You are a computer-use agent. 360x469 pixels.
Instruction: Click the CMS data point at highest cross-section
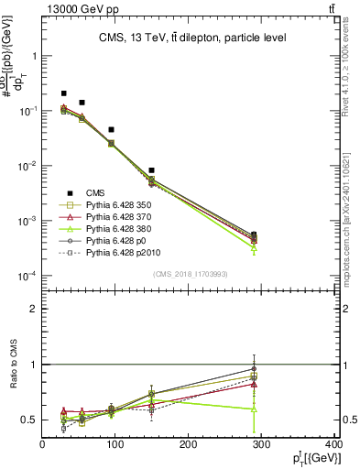tap(63, 93)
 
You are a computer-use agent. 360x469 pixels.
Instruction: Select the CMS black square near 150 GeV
tap(151, 170)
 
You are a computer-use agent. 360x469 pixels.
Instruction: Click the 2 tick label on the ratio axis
tap(34, 309)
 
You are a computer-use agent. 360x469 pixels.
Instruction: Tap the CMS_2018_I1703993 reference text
tap(190, 274)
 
